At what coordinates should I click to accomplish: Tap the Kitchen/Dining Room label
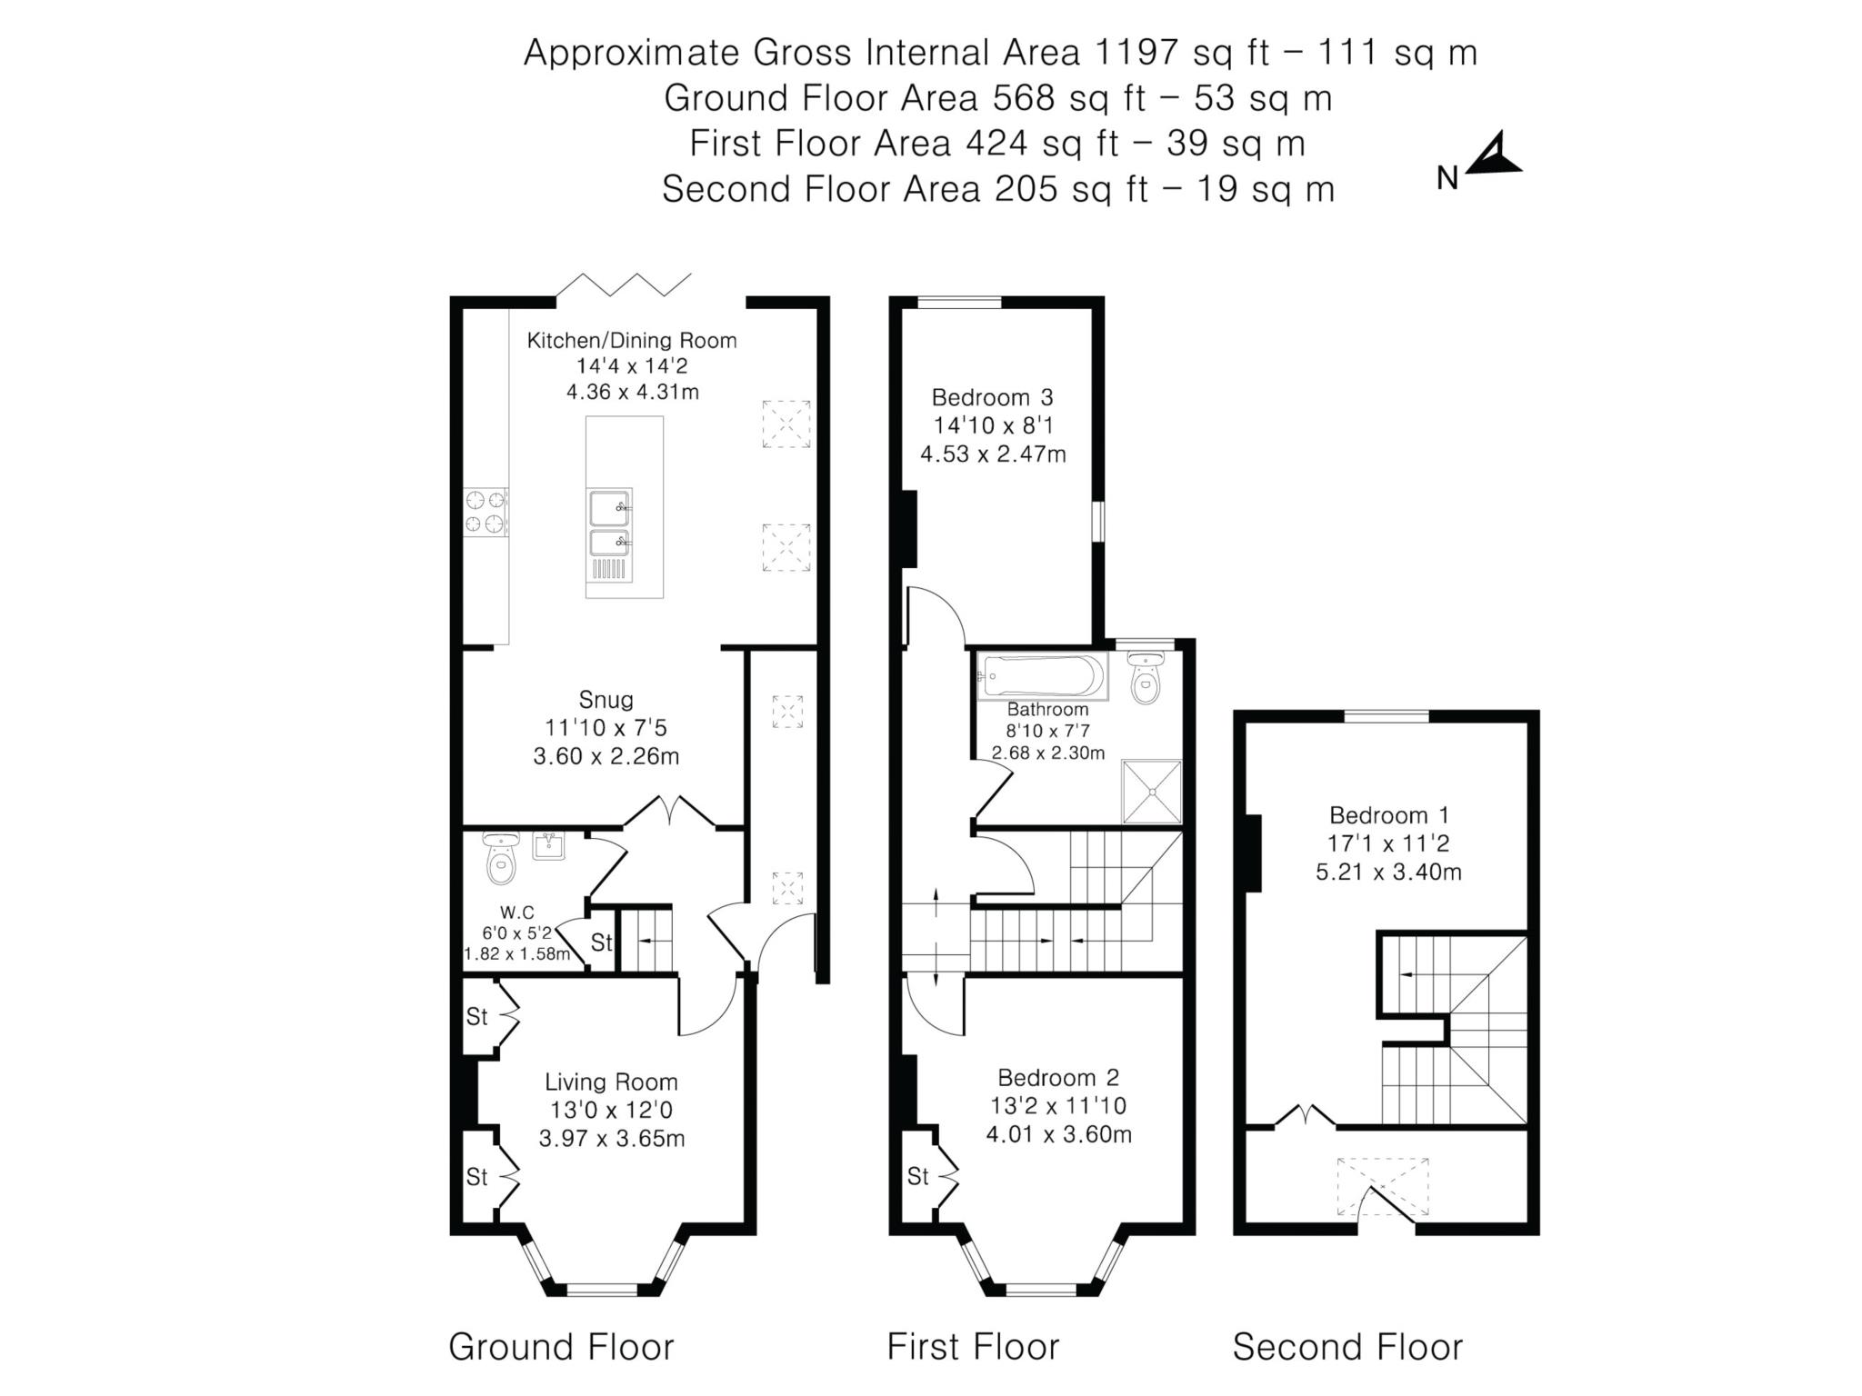tap(631, 341)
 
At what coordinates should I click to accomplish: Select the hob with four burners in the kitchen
tap(485, 512)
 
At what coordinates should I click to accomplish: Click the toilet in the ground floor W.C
tap(500, 860)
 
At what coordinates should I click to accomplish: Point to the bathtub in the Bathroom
tap(1042, 677)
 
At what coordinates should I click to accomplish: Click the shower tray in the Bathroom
tap(1151, 792)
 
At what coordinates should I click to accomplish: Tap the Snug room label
tap(606, 700)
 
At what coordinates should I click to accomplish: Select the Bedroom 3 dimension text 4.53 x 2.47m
tap(993, 454)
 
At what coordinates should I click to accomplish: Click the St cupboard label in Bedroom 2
tap(917, 1177)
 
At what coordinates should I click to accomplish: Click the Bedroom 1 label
tap(1388, 815)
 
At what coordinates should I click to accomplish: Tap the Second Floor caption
tap(1346, 1347)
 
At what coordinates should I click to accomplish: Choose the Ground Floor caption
tap(561, 1347)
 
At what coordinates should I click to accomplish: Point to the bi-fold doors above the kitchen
tap(624, 284)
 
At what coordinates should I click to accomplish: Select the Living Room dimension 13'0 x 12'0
tap(611, 1110)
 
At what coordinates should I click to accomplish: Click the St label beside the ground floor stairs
tap(601, 942)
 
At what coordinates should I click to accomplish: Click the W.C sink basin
tap(548, 846)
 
